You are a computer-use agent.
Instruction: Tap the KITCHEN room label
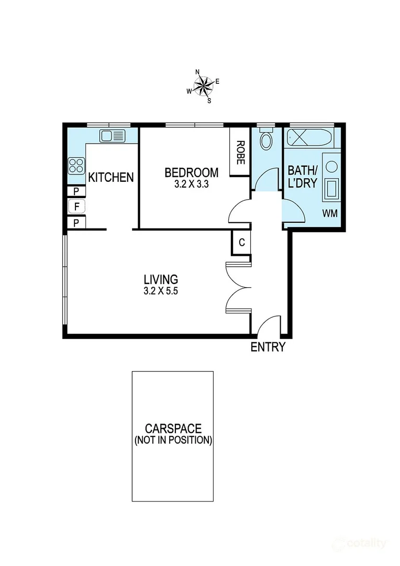coord(110,178)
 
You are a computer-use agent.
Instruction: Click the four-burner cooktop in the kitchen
coord(76,166)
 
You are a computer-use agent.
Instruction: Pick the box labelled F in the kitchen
coord(76,207)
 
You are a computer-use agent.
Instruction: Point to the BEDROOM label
coord(191,172)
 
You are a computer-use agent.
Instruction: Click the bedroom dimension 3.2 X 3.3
coord(191,184)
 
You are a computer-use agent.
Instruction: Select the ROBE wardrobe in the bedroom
coord(240,153)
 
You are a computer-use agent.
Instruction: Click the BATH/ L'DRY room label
coord(303,178)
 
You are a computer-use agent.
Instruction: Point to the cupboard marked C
coord(241,243)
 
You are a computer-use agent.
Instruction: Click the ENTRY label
coord(268,347)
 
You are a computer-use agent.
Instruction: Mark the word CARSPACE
coord(173,428)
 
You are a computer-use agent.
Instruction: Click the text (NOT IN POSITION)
coord(173,440)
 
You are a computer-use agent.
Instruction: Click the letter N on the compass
coord(197,72)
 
